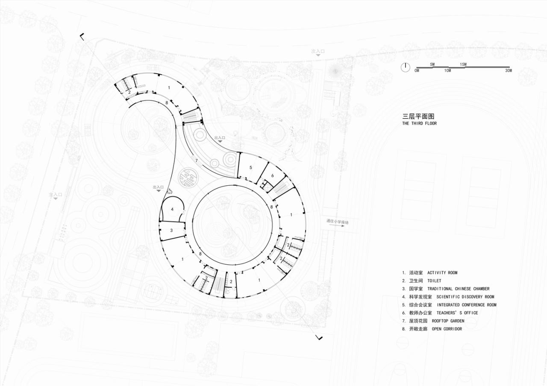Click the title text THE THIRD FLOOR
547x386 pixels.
pyautogui.click(x=419, y=123)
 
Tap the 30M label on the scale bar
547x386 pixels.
pyautogui.click(x=508, y=70)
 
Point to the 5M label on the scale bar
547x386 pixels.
pyautogui.click(x=432, y=64)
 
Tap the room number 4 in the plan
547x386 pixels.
pyautogui.click(x=172, y=209)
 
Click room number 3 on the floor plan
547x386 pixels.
pyautogui.click(x=171, y=231)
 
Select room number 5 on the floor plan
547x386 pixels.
pyautogui.click(x=251, y=167)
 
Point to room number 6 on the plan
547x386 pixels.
pyautogui.click(x=272, y=175)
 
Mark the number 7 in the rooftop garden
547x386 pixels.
pyautogui.click(x=196, y=161)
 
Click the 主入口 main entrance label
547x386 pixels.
pyautogui.click(x=56, y=194)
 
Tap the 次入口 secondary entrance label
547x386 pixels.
pyautogui.click(x=318, y=51)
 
